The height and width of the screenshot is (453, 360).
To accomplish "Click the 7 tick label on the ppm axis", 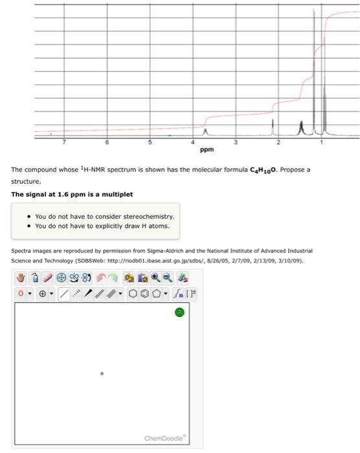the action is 64,141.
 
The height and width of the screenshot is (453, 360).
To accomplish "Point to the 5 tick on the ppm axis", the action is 150,141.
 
